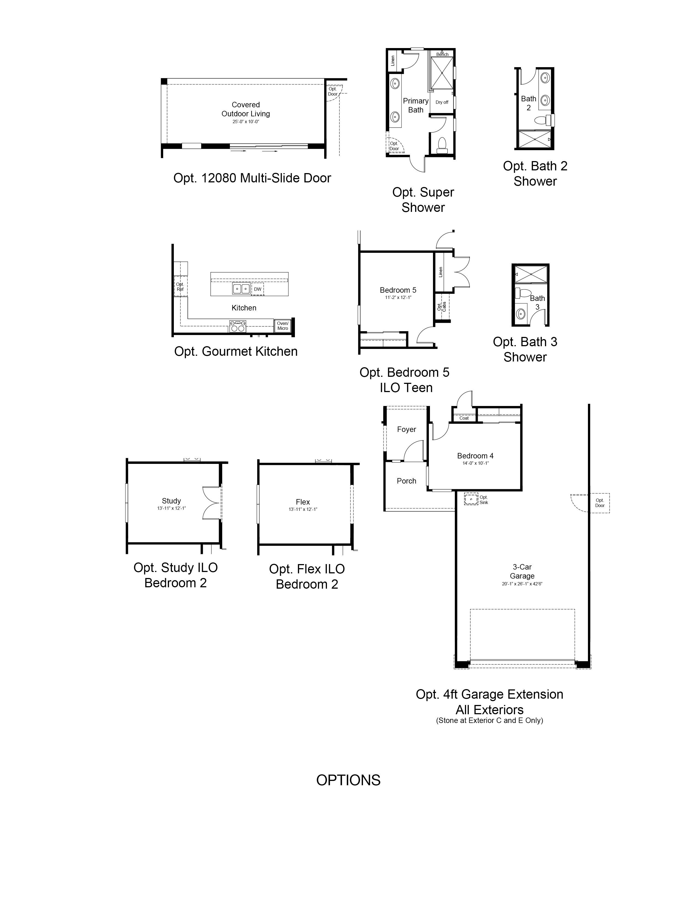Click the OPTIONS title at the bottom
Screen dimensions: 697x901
coord(348,780)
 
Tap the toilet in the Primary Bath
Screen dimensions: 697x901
coord(442,145)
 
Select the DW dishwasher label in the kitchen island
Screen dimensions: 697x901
coord(258,289)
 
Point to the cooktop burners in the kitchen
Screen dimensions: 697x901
coord(238,326)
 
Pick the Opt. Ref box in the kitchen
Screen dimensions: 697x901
coord(180,286)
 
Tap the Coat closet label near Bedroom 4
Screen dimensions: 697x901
coord(464,418)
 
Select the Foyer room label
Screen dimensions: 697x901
coord(406,429)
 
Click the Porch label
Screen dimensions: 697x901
coord(406,481)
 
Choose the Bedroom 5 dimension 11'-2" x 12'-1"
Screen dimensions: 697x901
coord(398,297)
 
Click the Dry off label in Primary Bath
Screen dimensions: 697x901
coord(442,102)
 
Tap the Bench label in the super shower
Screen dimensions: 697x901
coord(442,54)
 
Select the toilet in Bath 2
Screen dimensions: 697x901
coord(543,120)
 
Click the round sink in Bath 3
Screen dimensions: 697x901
coord(521,314)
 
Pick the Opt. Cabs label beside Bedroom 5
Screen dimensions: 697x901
coord(441,307)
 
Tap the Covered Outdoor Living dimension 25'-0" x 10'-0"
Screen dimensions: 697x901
coord(246,122)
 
